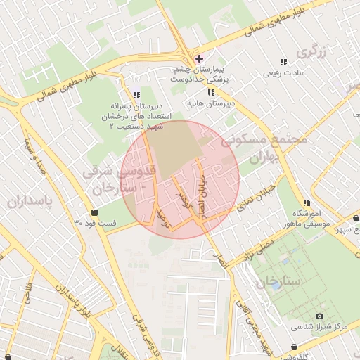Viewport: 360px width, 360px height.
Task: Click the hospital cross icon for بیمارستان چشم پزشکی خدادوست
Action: click(200, 58)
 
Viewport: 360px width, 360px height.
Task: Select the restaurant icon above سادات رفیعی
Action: click(284, 62)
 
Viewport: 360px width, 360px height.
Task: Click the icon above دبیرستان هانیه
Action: click(210, 92)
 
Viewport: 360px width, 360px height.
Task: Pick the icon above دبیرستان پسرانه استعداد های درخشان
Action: click(136, 95)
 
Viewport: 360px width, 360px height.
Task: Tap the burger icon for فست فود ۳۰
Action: click(94, 212)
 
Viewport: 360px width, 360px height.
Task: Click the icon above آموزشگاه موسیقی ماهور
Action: click(306, 203)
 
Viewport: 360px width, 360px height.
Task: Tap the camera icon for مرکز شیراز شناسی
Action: click(320, 316)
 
